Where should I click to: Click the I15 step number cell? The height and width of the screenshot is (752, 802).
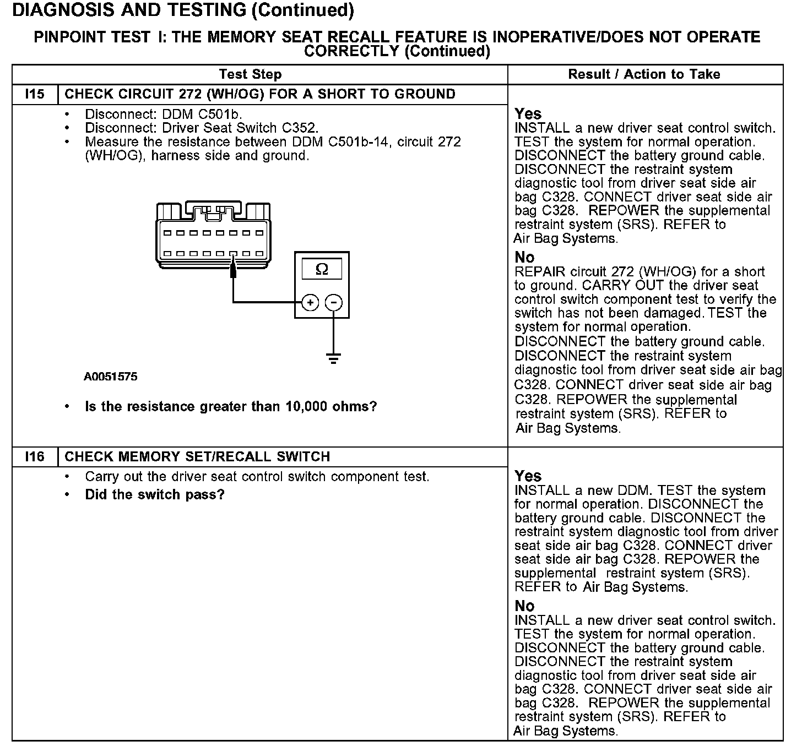coord(35,94)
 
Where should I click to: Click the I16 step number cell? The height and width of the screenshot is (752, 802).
coord(35,457)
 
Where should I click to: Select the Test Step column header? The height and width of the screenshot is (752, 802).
coord(250,74)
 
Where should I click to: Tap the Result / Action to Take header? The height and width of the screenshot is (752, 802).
coord(644,74)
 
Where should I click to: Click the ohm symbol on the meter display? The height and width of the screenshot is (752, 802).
coord(322,269)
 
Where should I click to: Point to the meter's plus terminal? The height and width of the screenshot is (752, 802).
coord(310,302)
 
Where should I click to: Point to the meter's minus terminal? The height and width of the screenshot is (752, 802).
coord(333,302)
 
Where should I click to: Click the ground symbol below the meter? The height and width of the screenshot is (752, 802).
coord(333,358)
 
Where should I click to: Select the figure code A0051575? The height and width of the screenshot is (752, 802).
coord(111,377)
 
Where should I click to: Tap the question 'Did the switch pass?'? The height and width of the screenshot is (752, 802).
coord(155,494)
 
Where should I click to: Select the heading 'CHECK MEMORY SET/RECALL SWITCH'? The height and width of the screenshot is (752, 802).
coord(197,457)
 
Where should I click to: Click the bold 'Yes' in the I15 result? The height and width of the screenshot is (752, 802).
coord(528,113)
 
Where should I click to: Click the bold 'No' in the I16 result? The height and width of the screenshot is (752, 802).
coord(524,606)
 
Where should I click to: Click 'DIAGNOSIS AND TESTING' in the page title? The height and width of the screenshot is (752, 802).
coord(129,10)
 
